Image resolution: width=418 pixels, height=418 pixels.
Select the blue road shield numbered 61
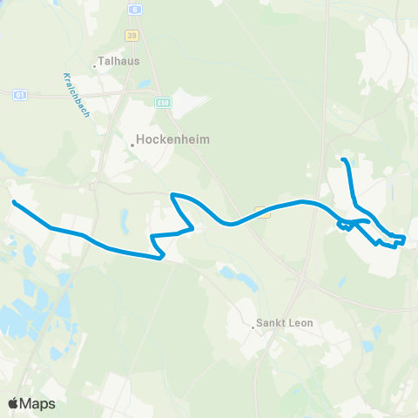click(x=19, y=94)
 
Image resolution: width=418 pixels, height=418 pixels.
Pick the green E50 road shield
click(x=162, y=103)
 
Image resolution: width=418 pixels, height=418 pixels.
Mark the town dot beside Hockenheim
click(x=131, y=145)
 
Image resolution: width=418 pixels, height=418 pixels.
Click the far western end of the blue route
click(x=14, y=202)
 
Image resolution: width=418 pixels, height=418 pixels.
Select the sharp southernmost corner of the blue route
click(x=163, y=257)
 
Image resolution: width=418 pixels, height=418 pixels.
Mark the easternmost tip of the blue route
click(x=405, y=238)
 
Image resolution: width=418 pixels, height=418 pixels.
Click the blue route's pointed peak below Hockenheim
click(x=172, y=194)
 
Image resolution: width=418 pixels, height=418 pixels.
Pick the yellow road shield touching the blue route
click(x=260, y=210)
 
